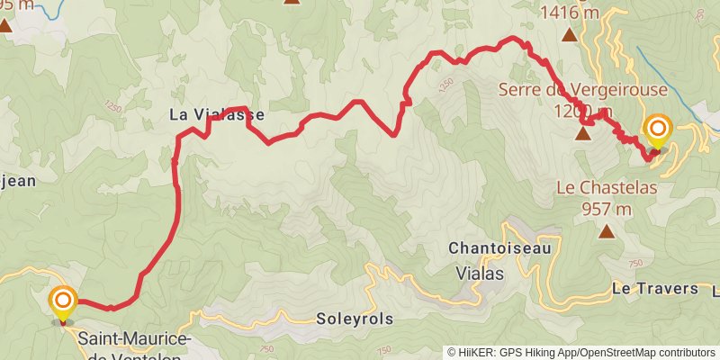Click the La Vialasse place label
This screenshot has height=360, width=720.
coord(209,115)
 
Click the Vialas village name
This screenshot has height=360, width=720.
coord(481,272)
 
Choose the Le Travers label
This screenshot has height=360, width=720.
coord(654,289)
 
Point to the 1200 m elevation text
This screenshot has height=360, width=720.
coord(585,111)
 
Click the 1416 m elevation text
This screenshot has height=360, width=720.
coord(570,13)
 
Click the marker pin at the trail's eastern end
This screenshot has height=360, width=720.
coord(658,130)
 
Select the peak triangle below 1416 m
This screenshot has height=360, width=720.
coord(570,35)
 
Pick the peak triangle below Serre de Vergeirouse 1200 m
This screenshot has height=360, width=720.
coord(583,135)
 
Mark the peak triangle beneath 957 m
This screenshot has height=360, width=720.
coord(607,231)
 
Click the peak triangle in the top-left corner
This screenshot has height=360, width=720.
coord(5,25)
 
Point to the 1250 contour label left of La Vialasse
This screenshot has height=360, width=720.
coord(113,107)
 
